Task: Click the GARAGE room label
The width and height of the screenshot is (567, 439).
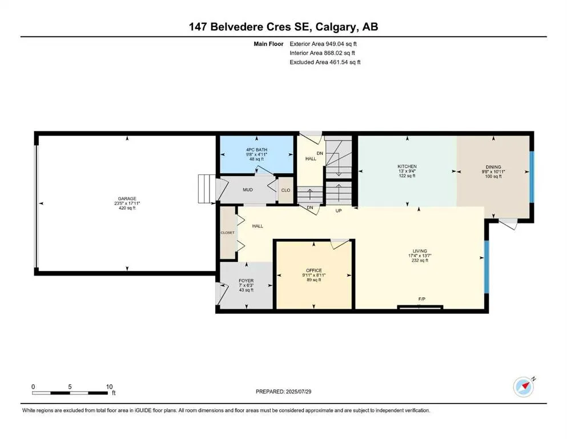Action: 127,198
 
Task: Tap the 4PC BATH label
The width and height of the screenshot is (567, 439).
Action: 256,150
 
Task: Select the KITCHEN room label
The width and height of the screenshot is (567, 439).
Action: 407,166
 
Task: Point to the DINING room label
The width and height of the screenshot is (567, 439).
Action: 493,167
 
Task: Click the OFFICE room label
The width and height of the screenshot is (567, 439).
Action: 313,270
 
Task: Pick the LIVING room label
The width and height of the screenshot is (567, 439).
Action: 420,251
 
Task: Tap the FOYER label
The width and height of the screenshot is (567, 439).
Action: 246,281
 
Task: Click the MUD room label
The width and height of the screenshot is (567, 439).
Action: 248,190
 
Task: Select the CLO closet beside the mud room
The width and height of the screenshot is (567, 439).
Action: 285,190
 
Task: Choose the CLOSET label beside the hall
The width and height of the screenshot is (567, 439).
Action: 227,233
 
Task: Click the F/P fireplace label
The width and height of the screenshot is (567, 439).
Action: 421,299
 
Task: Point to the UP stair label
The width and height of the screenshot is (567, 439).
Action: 339,210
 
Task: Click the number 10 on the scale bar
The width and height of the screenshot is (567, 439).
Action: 109,386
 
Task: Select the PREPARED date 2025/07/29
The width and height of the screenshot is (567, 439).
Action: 298,392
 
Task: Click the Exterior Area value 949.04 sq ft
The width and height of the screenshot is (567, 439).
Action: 341,44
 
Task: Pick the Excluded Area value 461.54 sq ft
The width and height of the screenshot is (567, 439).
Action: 345,62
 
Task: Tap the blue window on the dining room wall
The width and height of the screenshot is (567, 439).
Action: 532,177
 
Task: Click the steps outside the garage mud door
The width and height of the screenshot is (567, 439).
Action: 207,189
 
